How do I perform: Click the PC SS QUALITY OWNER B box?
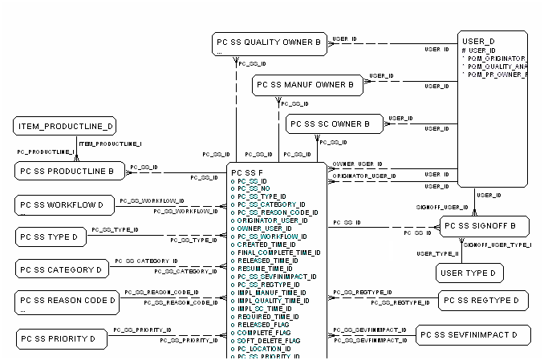270,44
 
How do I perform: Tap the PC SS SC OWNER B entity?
334,124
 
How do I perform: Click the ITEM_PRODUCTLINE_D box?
65,126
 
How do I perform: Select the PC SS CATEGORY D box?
63,269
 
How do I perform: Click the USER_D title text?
479,40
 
